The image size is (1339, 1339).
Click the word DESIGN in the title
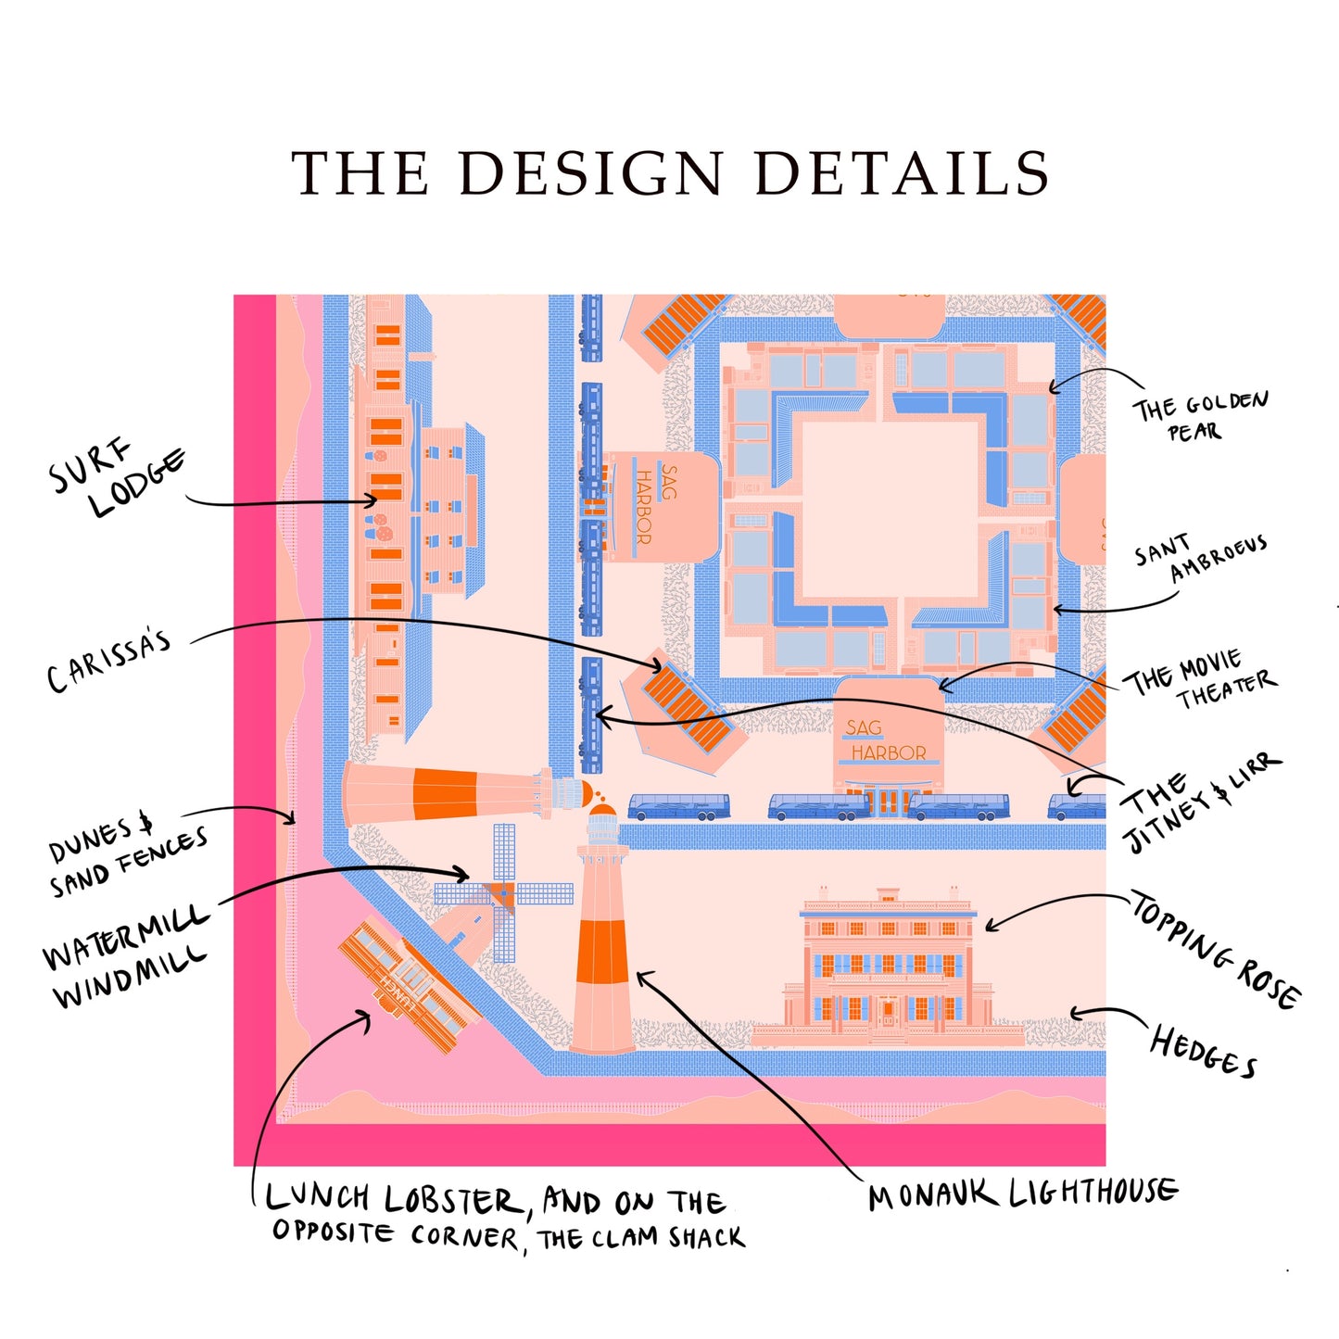point(590,173)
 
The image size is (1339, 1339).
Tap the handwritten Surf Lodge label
point(117,479)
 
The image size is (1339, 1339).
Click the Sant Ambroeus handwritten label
point(1200,559)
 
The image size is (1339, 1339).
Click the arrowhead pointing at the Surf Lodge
point(372,500)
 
